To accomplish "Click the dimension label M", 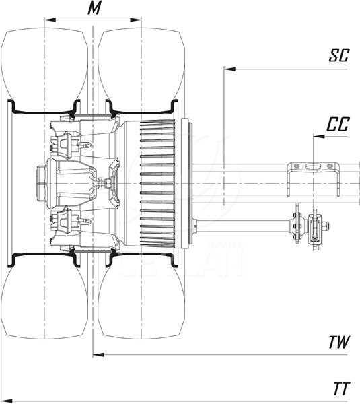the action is [x=94, y=8].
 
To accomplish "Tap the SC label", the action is [x=339, y=55].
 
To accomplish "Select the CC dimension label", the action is [x=338, y=124].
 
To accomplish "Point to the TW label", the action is [x=339, y=342].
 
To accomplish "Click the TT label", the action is [x=342, y=389].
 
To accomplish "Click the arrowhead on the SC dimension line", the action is [x=229, y=69].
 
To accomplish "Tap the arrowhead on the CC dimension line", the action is [x=319, y=136].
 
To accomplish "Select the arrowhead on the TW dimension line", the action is [x=98, y=355].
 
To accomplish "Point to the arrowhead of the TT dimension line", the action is [x=7, y=401].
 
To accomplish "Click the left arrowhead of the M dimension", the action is [x=50, y=20].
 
